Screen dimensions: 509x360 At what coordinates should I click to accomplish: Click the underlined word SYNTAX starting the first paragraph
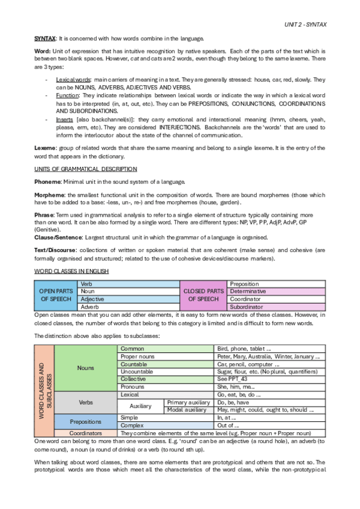(44, 38)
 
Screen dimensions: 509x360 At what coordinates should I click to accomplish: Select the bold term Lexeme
(44, 148)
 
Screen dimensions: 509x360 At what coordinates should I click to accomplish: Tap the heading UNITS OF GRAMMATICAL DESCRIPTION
(85, 169)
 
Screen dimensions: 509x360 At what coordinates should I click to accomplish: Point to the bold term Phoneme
(46, 182)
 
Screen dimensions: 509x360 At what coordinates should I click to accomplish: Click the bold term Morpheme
(48, 194)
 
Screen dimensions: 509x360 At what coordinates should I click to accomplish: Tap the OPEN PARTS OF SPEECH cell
(56, 294)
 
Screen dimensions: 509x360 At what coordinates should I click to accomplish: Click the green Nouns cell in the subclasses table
(86, 367)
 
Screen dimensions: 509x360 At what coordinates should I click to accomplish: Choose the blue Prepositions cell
(86, 421)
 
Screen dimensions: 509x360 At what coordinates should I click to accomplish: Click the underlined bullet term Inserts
(65, 119)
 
